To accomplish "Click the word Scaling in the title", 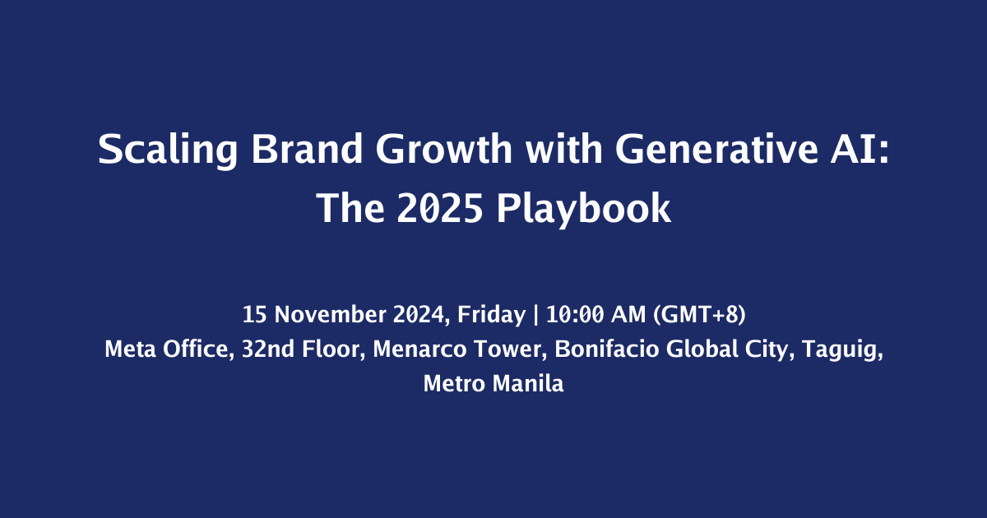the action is pyautogui.click(x=168, y=150).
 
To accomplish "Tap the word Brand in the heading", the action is pyautogui.click(x=307, y=149).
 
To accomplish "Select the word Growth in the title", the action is pyautogui.click(x=444, y=149).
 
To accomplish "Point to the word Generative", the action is pyautogui.click(x=716, y=149).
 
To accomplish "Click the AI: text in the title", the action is pyautogui.click(x=860, y=150).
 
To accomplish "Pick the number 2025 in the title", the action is pyautogui.click(x=440, y=208).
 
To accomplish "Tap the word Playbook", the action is pyautogui.click(x=584, y=209).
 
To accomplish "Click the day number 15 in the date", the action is pyautogui.click(x=255, y=314).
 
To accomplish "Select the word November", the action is pyautogui.click(x=331, y=314).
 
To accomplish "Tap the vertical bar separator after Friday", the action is pyautogui.click(x=535, y=314).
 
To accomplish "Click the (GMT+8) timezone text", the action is pyautogui.click(x=699, y=315).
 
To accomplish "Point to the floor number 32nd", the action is pyautogui.click(x=268, y=349).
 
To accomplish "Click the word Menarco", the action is pyautogui.click(x=419, y=349).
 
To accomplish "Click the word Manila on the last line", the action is pyautogui.click(x=528, y=383).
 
